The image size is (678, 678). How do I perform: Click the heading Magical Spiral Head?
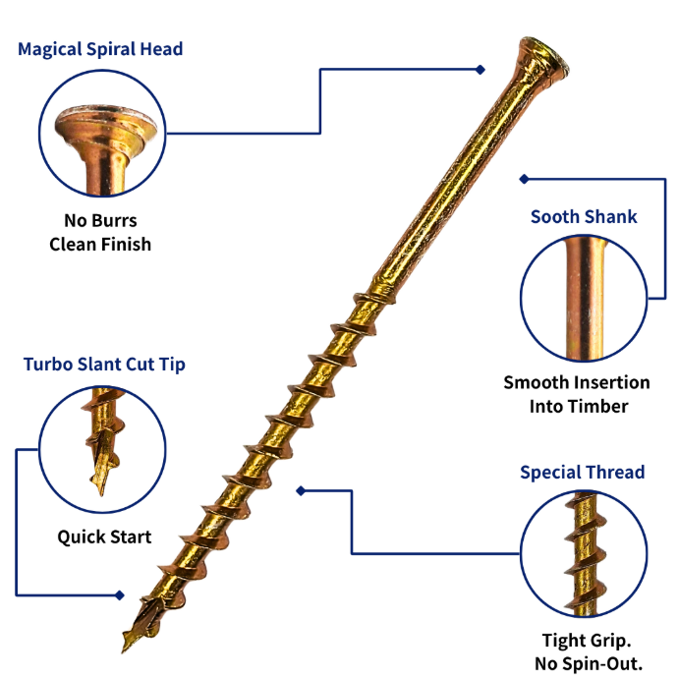pos(100,49)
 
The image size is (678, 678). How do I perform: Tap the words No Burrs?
pos(100,220)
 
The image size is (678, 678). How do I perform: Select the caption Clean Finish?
pos(100,245)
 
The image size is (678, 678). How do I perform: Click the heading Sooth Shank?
pos(584,216)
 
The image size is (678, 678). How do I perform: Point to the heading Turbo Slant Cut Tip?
pos(104,365)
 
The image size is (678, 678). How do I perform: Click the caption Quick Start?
pos(104,537)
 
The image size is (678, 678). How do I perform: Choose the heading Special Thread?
pos(583,472)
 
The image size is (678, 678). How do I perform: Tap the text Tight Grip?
pos(587,641)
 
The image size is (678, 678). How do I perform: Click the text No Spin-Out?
pos(589,663)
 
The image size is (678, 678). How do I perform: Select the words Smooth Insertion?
pos(577,382)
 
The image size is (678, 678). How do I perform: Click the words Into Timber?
pos(579,407)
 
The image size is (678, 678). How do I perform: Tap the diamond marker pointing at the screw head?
pos(480,70)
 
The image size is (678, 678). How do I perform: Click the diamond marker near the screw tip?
pos(120,595)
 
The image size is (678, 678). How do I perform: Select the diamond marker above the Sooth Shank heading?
pos(524,179)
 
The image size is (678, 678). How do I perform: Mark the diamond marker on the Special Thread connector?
pos(301,490)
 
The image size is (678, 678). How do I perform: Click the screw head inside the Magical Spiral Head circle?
pos(105,147)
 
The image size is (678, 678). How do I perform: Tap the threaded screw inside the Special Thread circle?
pos(585,554)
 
